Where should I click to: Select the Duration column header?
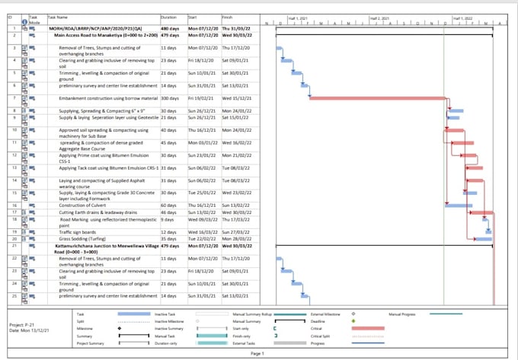pyautogui.click(x=169, y=15)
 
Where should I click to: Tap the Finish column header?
pyautogui.click(x=228, y=15)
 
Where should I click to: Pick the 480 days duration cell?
pyautogui.click(x=171, y=26)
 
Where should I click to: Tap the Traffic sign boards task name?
pyautogui.click(x=78, y=231)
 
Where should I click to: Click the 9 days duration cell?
pyautogui.click(x=168, y=219)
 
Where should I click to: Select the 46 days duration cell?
pyautogui.click(x=170, y=212)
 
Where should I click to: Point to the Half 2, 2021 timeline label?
pyautogui.click(x=379, y=16)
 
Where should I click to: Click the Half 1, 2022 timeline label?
pyautogui.click(x=462, y=16)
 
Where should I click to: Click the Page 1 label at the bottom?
pyautogui.click(x=257, y=353)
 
